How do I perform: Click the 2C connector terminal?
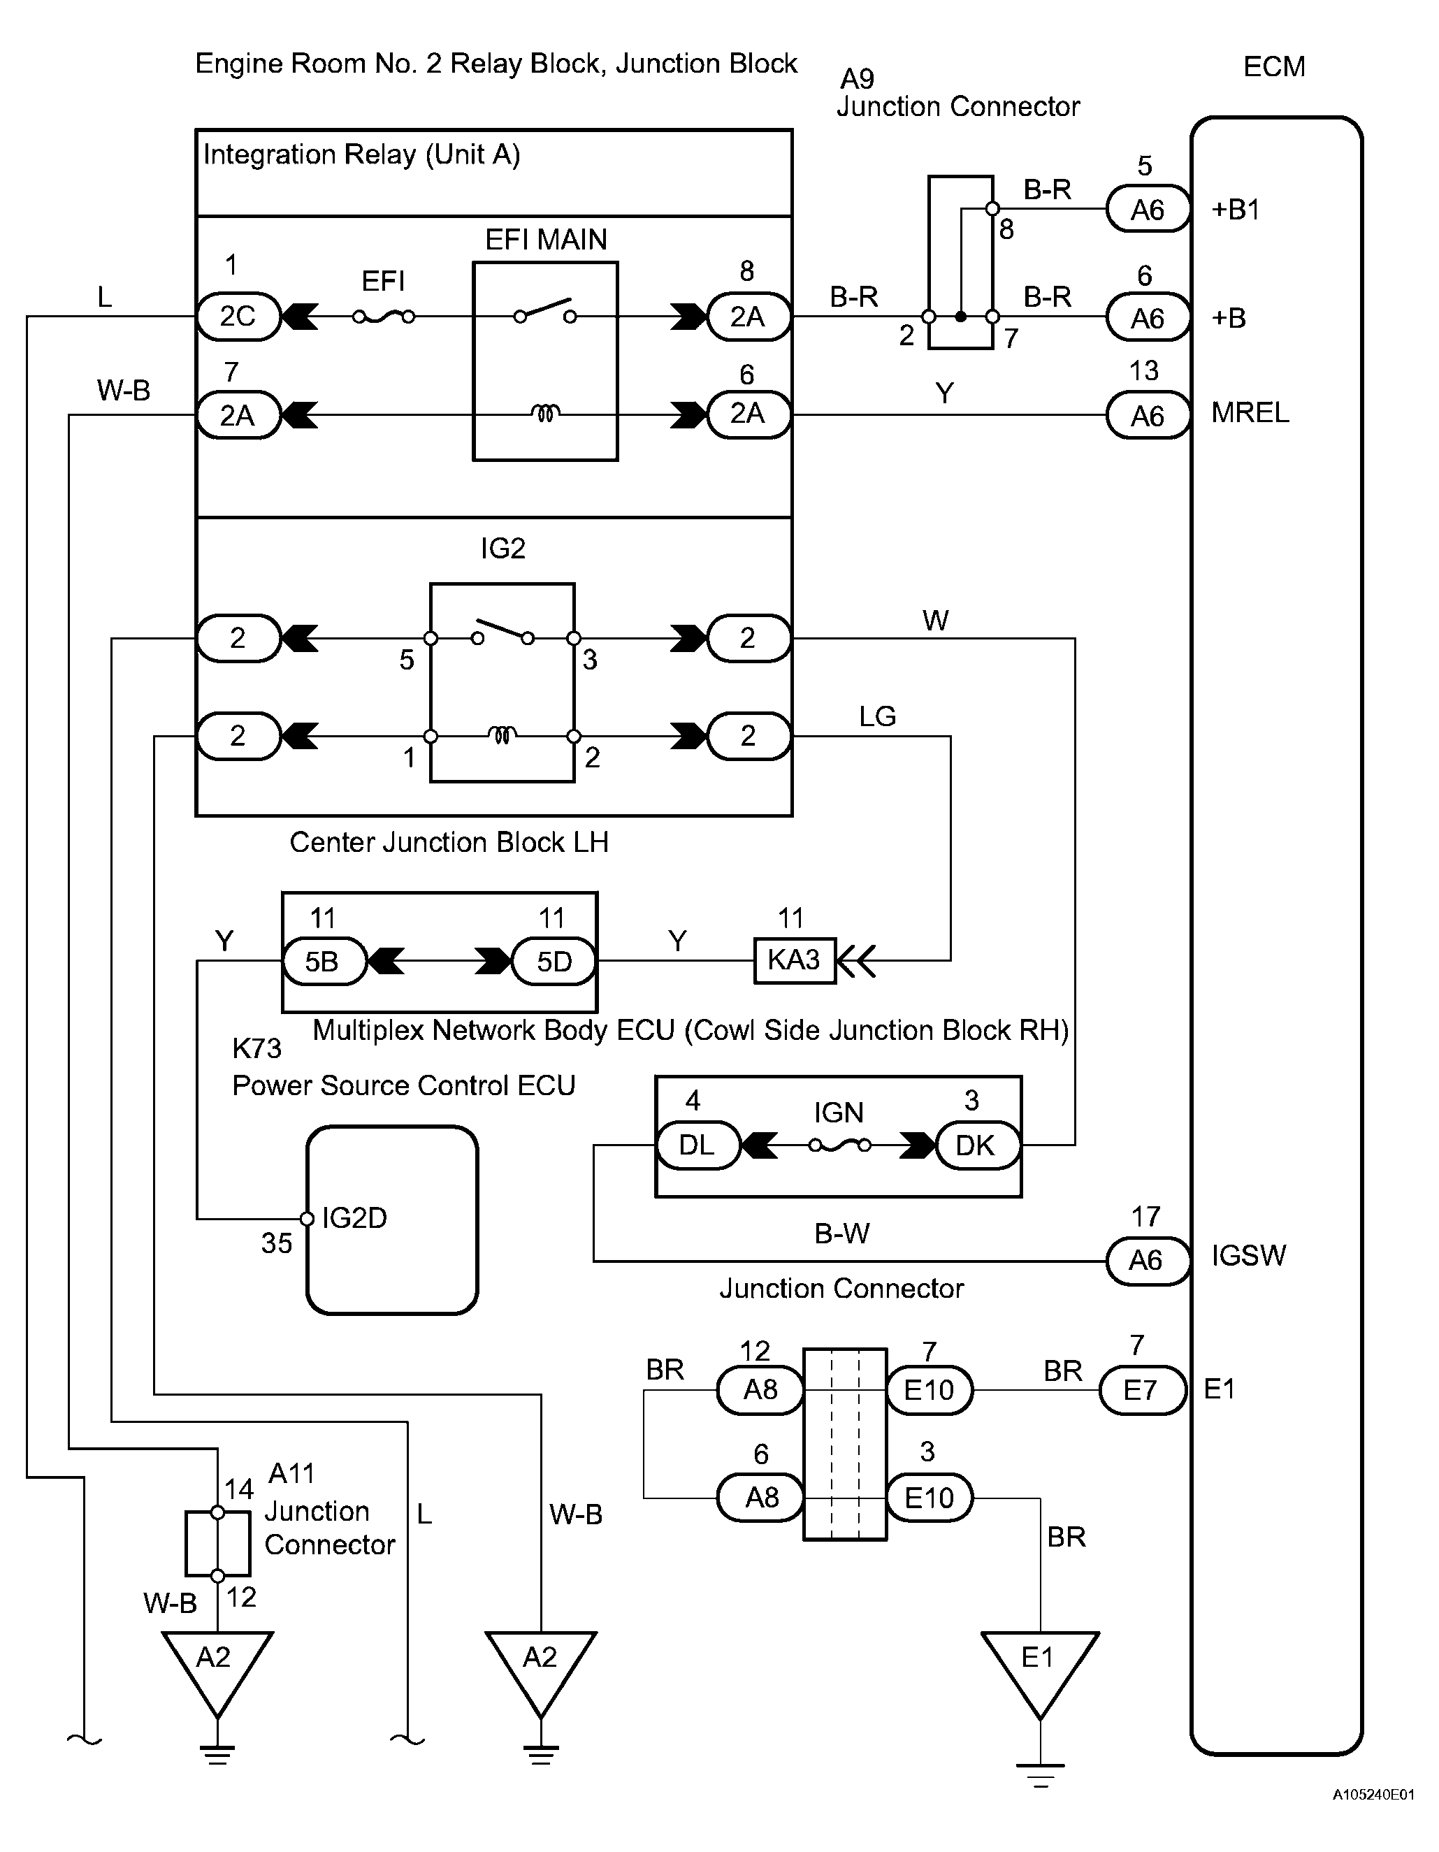[238, 317]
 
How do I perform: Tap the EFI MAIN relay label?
[545, 240]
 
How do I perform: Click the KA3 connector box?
[795, 960]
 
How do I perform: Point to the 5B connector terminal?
[323, 962]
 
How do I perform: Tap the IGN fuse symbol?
[839, 1145]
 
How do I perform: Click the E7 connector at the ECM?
[1141, 1390]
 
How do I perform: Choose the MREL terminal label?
[1250, 413]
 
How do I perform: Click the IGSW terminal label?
[1248, 1256]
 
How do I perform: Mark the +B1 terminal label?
[1236, 210]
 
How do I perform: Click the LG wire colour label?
[877, 716]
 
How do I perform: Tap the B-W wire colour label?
[842, 1234]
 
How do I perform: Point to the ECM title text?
[1273, 67]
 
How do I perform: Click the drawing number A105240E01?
[1373, 1818]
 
